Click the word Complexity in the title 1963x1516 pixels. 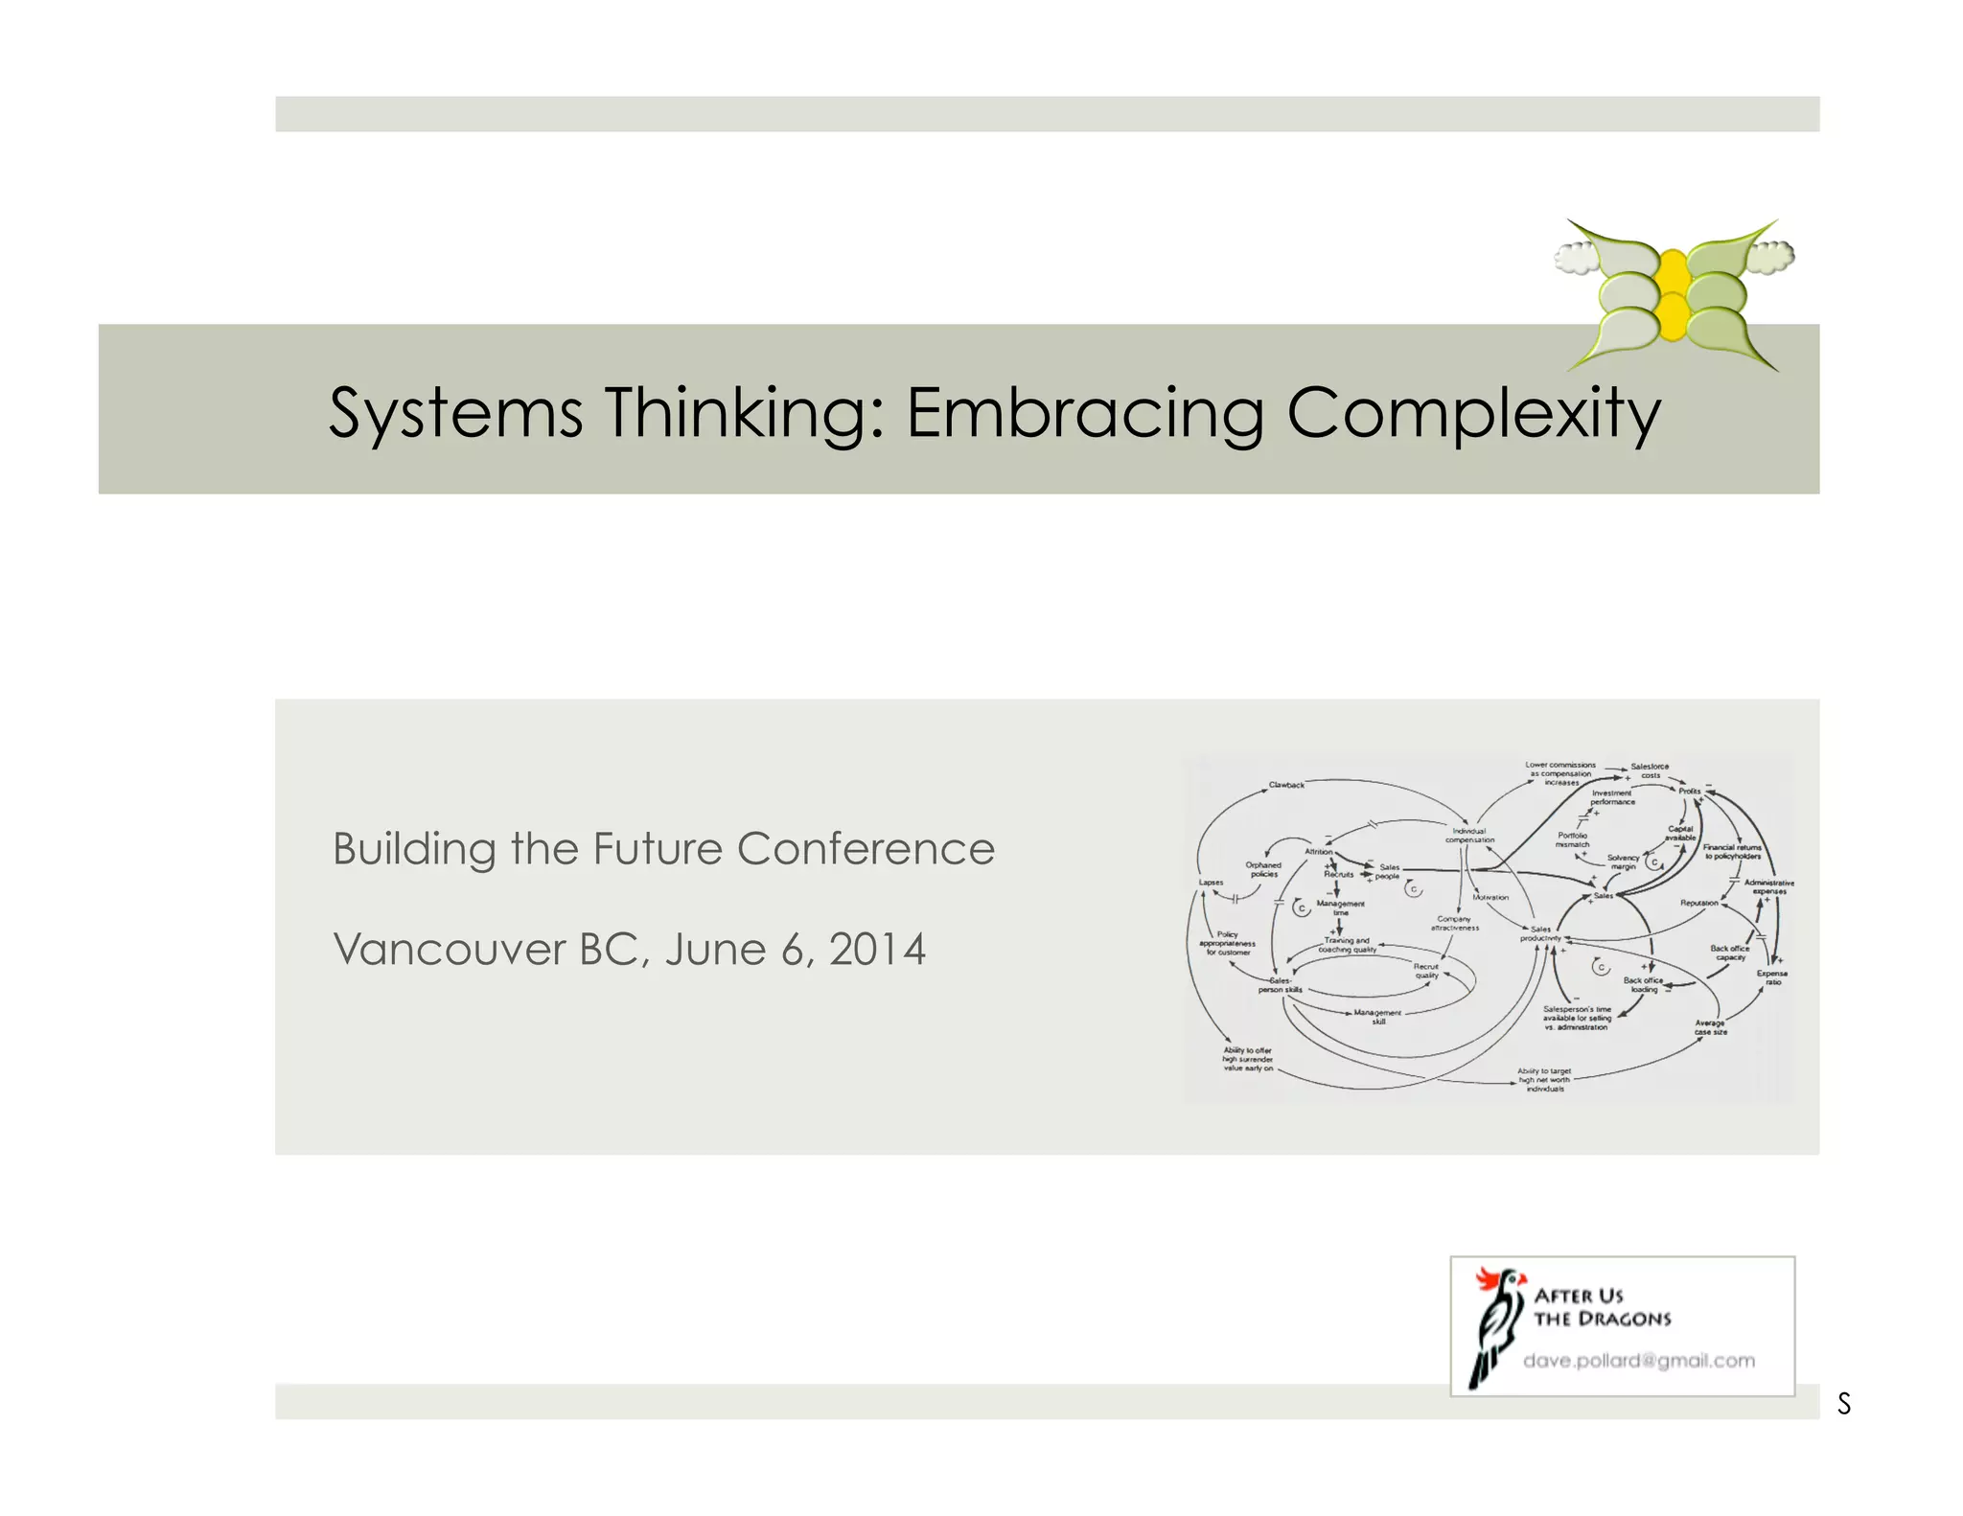(x=1473, y=413)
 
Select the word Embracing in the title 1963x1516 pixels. (x=1085, y=413)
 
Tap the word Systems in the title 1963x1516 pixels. (x=455, y=413)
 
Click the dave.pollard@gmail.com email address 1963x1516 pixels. (x=1639, y=1361)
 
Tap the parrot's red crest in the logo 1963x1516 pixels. (x=1489, y=1277)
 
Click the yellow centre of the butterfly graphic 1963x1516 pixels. (x=1673, y=292)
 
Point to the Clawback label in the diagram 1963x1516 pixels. (x=1286, y=785)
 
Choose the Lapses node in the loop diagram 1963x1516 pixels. (x=1211, y=883)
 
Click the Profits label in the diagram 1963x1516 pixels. (x=1690, y=791)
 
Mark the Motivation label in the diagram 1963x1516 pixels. (x=1490, y=898)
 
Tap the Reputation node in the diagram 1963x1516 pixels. (x=1699, y=903)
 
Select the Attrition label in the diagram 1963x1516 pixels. (x=1319, y=851)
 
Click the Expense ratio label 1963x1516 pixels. (x=1772, y=977)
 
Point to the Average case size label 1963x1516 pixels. (x=1711, y=1027)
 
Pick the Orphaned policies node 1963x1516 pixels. (x=1263, y=869)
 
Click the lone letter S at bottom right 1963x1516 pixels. (x=1844, y=1404)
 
